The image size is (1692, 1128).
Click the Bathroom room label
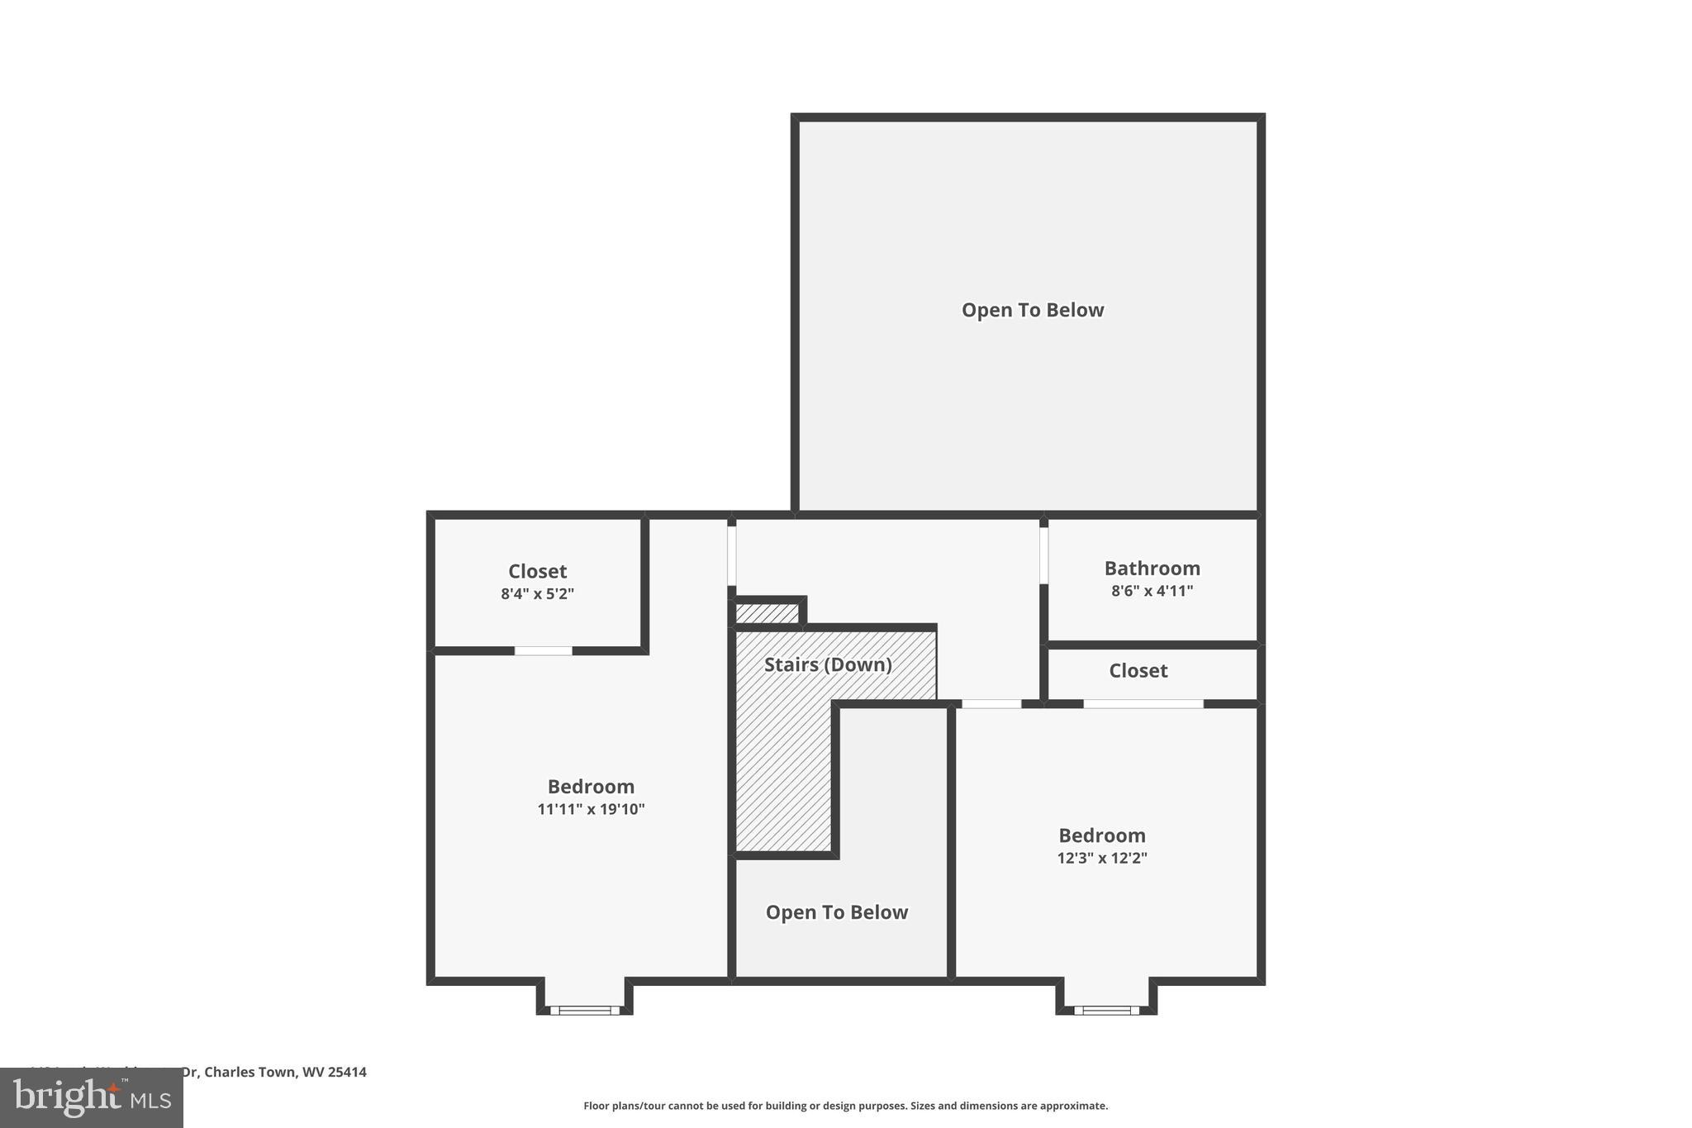click(1152, 569)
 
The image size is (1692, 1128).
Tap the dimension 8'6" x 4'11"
click(1152, 591)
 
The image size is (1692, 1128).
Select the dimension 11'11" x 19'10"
click(591, 809)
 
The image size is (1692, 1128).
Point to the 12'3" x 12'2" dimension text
click(1101, 858)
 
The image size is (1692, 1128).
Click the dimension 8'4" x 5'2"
click(537, 593)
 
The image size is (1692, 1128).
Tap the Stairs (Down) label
click(828, 664)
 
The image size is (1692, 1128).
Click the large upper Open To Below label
click(1032, 310)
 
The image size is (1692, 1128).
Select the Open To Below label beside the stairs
click(836, 912)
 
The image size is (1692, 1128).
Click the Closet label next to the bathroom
click(1138, 670)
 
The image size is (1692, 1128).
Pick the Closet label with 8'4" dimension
click(537, 571)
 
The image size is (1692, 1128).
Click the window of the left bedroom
click(585, 1010)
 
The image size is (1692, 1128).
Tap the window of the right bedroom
click(1106, 1010)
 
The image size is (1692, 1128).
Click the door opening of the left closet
click(543, 651)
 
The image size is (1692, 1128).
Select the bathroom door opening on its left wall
click(1043, 555)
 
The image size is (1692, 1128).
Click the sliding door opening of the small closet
click(1143, 704)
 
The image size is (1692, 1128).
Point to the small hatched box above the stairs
click(768, 613)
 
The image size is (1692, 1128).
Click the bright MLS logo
click(92, 1097)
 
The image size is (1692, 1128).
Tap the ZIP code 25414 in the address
click(347, 1072)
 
